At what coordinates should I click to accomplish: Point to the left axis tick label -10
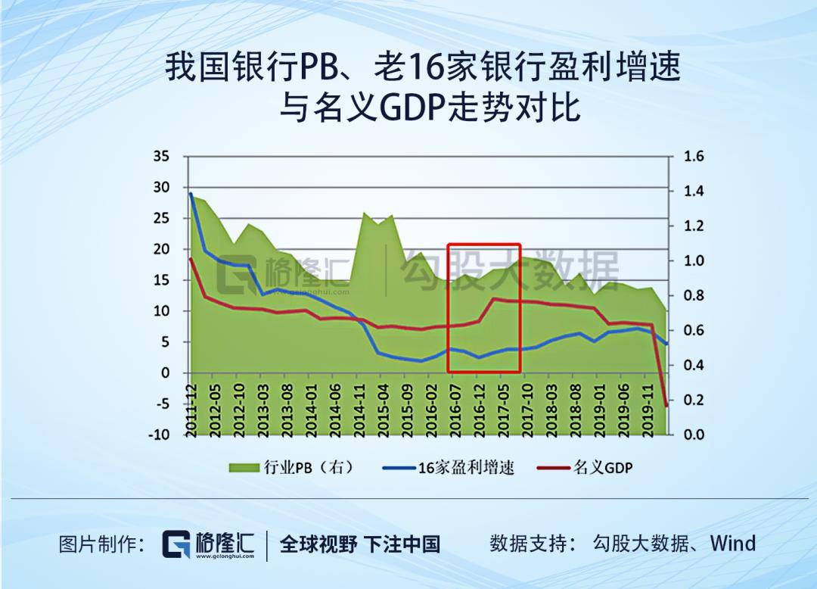point(159,435)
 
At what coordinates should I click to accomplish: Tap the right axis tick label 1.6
point(694,156)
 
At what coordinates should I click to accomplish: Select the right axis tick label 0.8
point(694,295)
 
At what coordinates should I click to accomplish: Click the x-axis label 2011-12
point(191,410)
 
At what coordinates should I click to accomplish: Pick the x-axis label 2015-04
point(383,410)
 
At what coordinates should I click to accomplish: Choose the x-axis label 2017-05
point(503,410)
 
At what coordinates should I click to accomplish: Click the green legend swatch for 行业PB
point(244,468)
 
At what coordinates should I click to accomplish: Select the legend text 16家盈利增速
point(466,468)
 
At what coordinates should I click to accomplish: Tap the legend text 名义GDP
point(603,468)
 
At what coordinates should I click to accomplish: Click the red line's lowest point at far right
point(666,406)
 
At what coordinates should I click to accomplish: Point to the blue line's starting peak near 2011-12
point(191,194)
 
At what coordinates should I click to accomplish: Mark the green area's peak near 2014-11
point(364,213)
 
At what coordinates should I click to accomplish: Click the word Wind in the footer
point(732,543)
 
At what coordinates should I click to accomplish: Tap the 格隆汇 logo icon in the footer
point(176,544)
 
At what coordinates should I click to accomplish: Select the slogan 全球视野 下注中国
point(360,544)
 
